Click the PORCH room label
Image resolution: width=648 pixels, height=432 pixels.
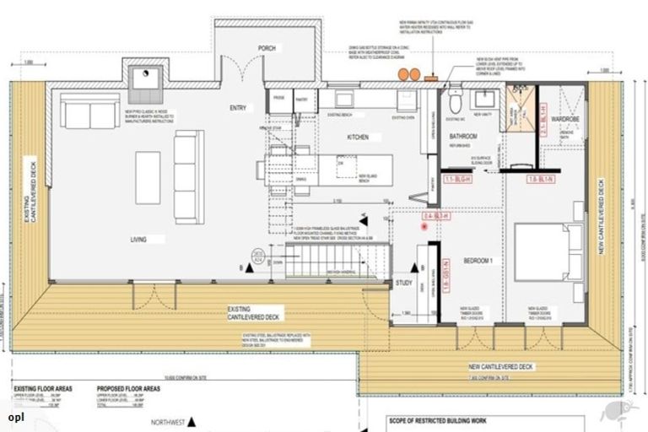coord(267,48)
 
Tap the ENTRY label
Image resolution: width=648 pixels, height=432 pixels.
coord(238,109)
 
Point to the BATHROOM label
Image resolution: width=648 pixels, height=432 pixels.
coord(463,136)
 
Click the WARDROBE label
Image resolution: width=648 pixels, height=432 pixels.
coord(564,120)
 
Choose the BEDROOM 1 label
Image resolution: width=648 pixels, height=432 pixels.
coord(478,261)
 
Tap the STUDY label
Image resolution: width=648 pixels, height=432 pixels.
coord(404,283)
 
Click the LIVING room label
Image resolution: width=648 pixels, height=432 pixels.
coord(138,240)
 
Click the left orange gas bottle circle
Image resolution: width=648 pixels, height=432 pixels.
coord(403,75)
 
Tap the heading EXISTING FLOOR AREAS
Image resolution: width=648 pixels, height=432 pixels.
coord(42,389)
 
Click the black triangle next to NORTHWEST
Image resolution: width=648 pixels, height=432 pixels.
coord(192,419)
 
